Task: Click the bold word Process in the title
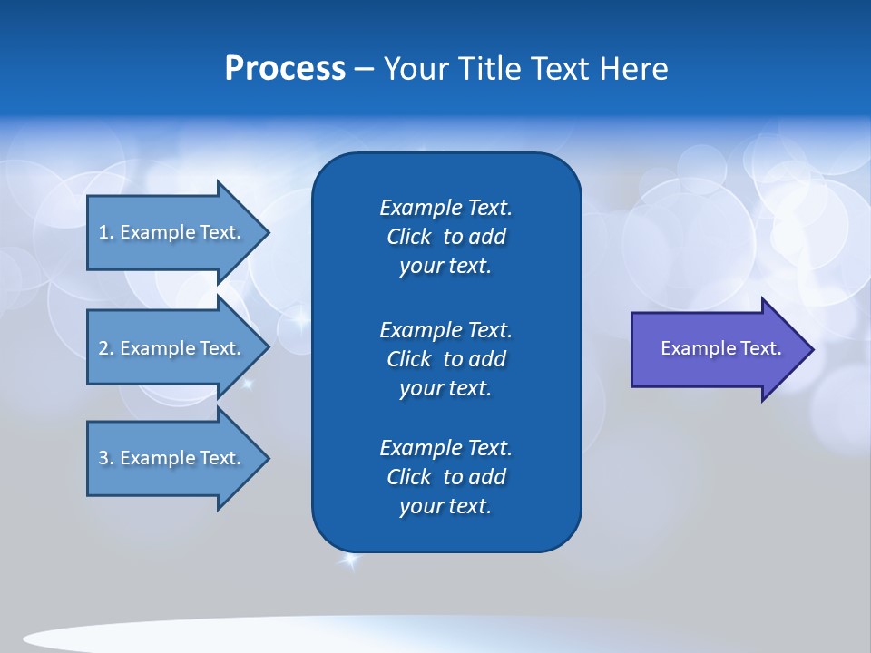(285, 69)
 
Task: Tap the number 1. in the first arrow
(106, 232)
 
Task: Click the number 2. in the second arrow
(106, 348)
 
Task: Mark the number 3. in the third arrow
(106, 458)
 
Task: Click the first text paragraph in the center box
(445, 237)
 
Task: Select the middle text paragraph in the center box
(445, 359)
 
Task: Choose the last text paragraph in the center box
(445, 477)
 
